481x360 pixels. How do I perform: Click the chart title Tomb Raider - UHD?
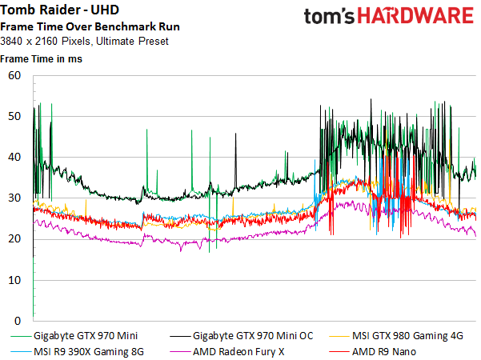point(59,10)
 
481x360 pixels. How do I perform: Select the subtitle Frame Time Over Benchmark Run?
point(90,26)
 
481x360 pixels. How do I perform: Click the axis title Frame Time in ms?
point(41,58)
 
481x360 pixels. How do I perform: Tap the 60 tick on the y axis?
point(14,75)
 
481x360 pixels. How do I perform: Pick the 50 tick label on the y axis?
point(14,116)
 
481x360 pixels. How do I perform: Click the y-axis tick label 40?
point(14,158)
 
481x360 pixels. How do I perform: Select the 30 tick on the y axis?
point(14,198)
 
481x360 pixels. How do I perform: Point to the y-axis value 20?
point(14,239)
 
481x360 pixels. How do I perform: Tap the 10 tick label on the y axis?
point(14,280)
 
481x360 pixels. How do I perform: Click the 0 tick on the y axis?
point(18,321)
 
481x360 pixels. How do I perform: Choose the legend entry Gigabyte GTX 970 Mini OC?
point(253,336)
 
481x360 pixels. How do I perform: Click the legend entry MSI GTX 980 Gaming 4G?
point(407,336)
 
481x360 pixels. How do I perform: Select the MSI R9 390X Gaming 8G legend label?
point(89,352)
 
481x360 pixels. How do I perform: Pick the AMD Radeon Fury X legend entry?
point(238,352)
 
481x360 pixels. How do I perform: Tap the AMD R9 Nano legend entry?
point(384,352)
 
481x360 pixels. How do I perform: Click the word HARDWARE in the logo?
point(416,16)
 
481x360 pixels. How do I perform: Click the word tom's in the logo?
point(329,16)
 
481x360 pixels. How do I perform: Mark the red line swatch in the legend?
point(339,352)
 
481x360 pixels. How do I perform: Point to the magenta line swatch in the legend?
point(180,352)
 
